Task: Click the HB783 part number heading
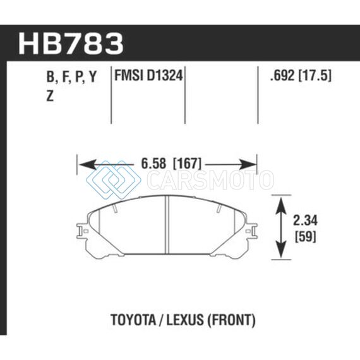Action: tap(71, 44)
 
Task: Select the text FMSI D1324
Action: tap(148, 75)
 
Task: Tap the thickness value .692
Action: tap(282, 75)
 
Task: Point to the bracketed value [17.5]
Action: tap(315, 75)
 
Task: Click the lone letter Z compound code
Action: tap(50, 96)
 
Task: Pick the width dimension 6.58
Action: tap(153, 164)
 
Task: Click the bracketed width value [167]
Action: tap(187, 164)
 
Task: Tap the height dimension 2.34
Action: tap(305, 220)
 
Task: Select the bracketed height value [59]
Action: tap(305, 236)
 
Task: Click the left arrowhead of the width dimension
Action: tap(87, 165)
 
